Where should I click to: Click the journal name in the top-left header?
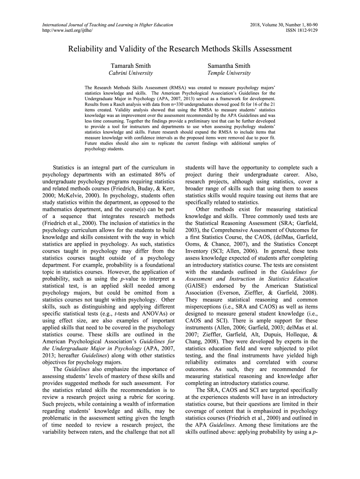pyautogui.click(x=108, y=24)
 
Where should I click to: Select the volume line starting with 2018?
pyautogui.click(x=284, y=24)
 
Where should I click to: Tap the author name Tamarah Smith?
pyautogui.click(x=130, y=65)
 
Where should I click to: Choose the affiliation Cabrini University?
pyautogui.click(x=130, y=73)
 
